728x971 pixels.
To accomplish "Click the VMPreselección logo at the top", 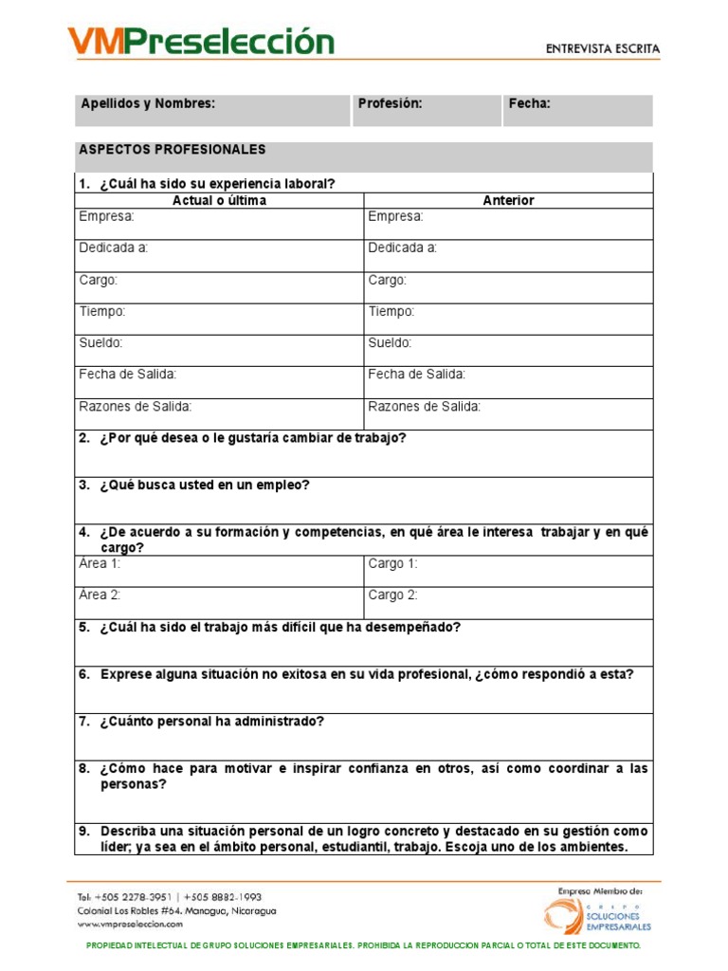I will [200, 43].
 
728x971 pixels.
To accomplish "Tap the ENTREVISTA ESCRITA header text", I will [603, 48].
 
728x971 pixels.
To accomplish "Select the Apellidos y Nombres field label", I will [149, 103].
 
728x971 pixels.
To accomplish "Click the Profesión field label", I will [390, 103].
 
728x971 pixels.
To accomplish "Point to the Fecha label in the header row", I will [529, 103].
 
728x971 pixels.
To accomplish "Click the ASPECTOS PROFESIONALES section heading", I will [173, 150].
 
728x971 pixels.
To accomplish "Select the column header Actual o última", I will [219, 201].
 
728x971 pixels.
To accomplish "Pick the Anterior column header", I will [508, 201].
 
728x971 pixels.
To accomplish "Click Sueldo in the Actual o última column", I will [100, 343].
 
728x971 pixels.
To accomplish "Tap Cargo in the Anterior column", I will [387, 280].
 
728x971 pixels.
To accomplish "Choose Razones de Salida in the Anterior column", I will [424, 407].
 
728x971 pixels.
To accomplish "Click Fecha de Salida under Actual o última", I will [127, 375].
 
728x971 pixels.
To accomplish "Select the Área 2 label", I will [100, 595].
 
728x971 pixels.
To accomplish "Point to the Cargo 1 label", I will [392, 564].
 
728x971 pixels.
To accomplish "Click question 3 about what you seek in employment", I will [205, 485].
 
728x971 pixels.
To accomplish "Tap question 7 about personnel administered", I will [211, 722].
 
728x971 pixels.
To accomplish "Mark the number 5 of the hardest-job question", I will [83, 628].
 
